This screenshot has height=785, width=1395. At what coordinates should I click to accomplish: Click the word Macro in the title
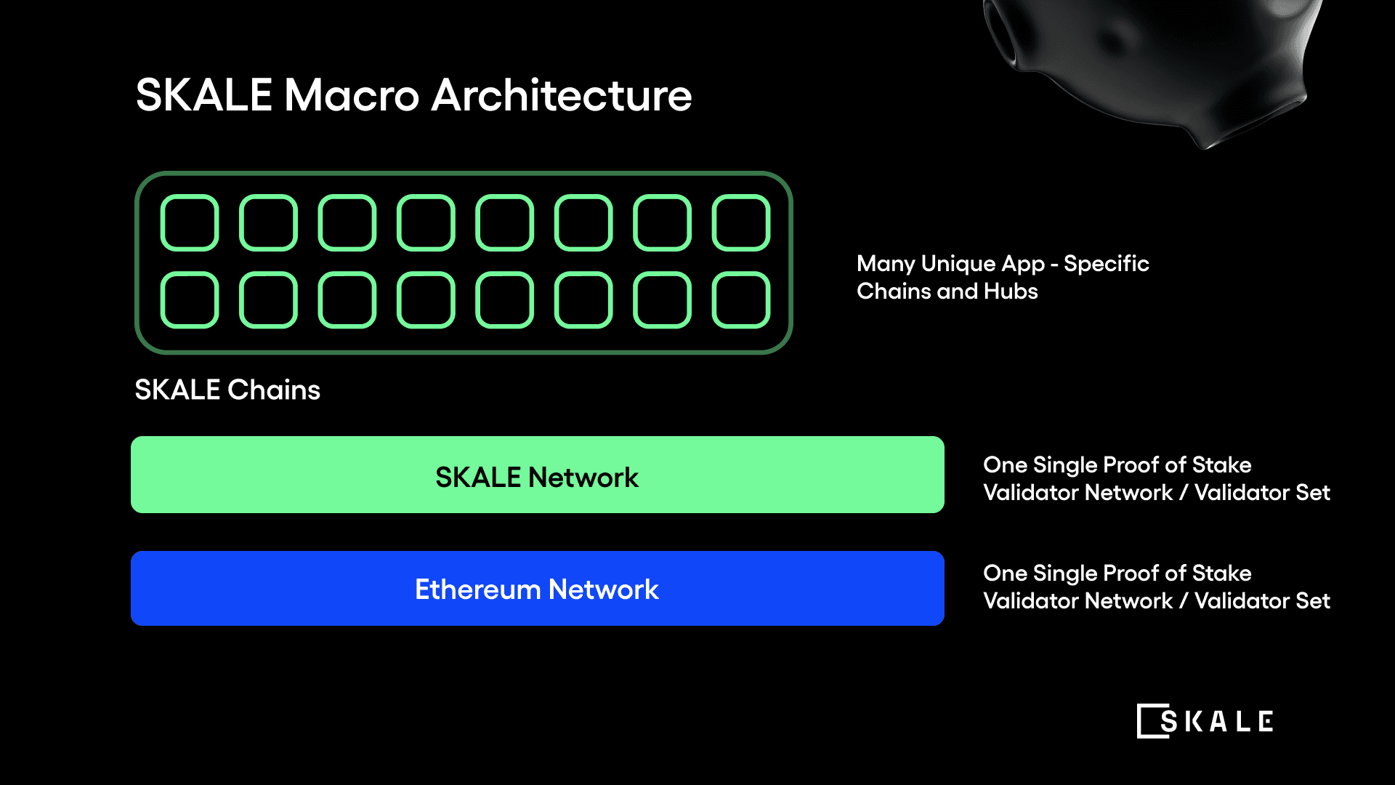pyautogui.click(x=352, y=95)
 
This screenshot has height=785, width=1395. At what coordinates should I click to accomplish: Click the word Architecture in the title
pyautogui.click(x=562, y=95)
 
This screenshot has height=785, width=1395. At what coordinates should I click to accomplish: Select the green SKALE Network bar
pyautogui.click(x=537, y=475)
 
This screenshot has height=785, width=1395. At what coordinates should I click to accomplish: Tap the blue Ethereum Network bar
pyautogui.click(x=537, y=588)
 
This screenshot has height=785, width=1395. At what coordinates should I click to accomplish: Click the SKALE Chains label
pyautogui.click(x=227, y=390)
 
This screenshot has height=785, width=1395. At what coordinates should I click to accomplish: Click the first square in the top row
pyautogui.click(x=190, y=222)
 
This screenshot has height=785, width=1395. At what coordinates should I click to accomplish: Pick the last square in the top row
pyautogui.click(x=741, y=222)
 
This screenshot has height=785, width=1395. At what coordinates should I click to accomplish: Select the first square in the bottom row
pyautogui.click(x=190, y=299)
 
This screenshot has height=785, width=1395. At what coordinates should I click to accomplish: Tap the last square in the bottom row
pyautogui.click(x=741, y=299)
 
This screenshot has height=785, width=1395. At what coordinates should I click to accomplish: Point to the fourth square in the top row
pyautogui.click(x=426, y=222)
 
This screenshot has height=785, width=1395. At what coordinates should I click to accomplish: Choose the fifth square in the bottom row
pyautogui.click(x=505, y=299)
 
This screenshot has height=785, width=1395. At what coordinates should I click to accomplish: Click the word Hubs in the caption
pyautogui.click(x=1011, y=291)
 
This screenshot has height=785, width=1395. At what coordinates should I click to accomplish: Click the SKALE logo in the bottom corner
pyautogui.click(x=1205, y=721)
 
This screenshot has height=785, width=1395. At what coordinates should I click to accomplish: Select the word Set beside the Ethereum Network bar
pyautogui.click(x=1312, y=601)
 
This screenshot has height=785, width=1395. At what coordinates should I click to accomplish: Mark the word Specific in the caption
pyautogui.click(x=1106, y=264)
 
